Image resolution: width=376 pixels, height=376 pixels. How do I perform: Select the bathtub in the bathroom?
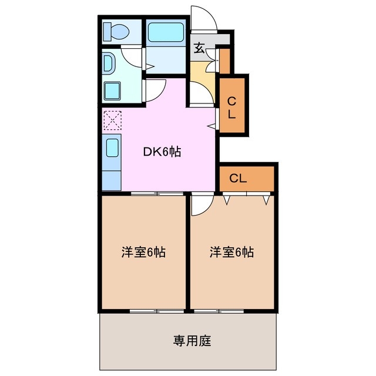pyautogui.click(x=166, y=32)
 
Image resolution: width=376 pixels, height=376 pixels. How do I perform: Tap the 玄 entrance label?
pyautogui.click(x=199, y=48)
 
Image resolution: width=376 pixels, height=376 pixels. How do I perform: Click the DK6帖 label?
pyautogui.click(x=162, y=152)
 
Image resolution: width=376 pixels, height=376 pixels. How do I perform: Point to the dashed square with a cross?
pyautogui.click(x=112, y=120)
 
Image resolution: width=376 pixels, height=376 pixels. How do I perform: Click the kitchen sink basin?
pyautogui.click(x=112, y=147)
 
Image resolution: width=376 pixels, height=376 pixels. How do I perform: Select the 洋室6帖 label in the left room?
pyautogui.click(x=143, y=253)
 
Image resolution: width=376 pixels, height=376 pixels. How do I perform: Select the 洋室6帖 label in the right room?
pyautogui.click(x=232, y=253)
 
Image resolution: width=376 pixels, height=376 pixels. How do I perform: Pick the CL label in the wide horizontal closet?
pyautogui.click(x=238, y=178)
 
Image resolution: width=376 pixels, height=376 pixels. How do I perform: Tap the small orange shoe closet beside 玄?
pyautogui.click(x=224, y=60)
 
